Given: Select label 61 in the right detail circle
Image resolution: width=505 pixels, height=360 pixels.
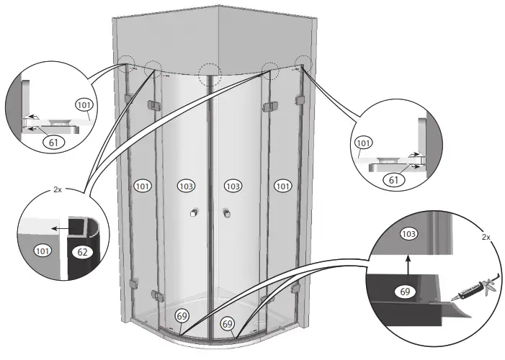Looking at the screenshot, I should (393, 179).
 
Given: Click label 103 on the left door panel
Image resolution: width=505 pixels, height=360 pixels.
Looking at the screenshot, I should (187, 186).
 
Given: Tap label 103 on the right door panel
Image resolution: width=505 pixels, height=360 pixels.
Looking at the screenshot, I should (232, 186).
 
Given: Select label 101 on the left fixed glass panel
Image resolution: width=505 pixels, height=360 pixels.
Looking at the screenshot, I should (143, 186).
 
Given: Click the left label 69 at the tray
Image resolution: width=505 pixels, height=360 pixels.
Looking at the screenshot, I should (183, 316).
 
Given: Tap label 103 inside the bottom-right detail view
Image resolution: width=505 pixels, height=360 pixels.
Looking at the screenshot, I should (408, 234).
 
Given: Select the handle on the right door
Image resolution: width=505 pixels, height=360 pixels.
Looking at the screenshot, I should (226, 213).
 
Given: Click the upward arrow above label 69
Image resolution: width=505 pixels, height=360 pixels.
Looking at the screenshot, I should (408, 265).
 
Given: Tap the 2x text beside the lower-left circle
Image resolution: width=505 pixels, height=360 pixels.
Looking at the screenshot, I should (58, 191).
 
